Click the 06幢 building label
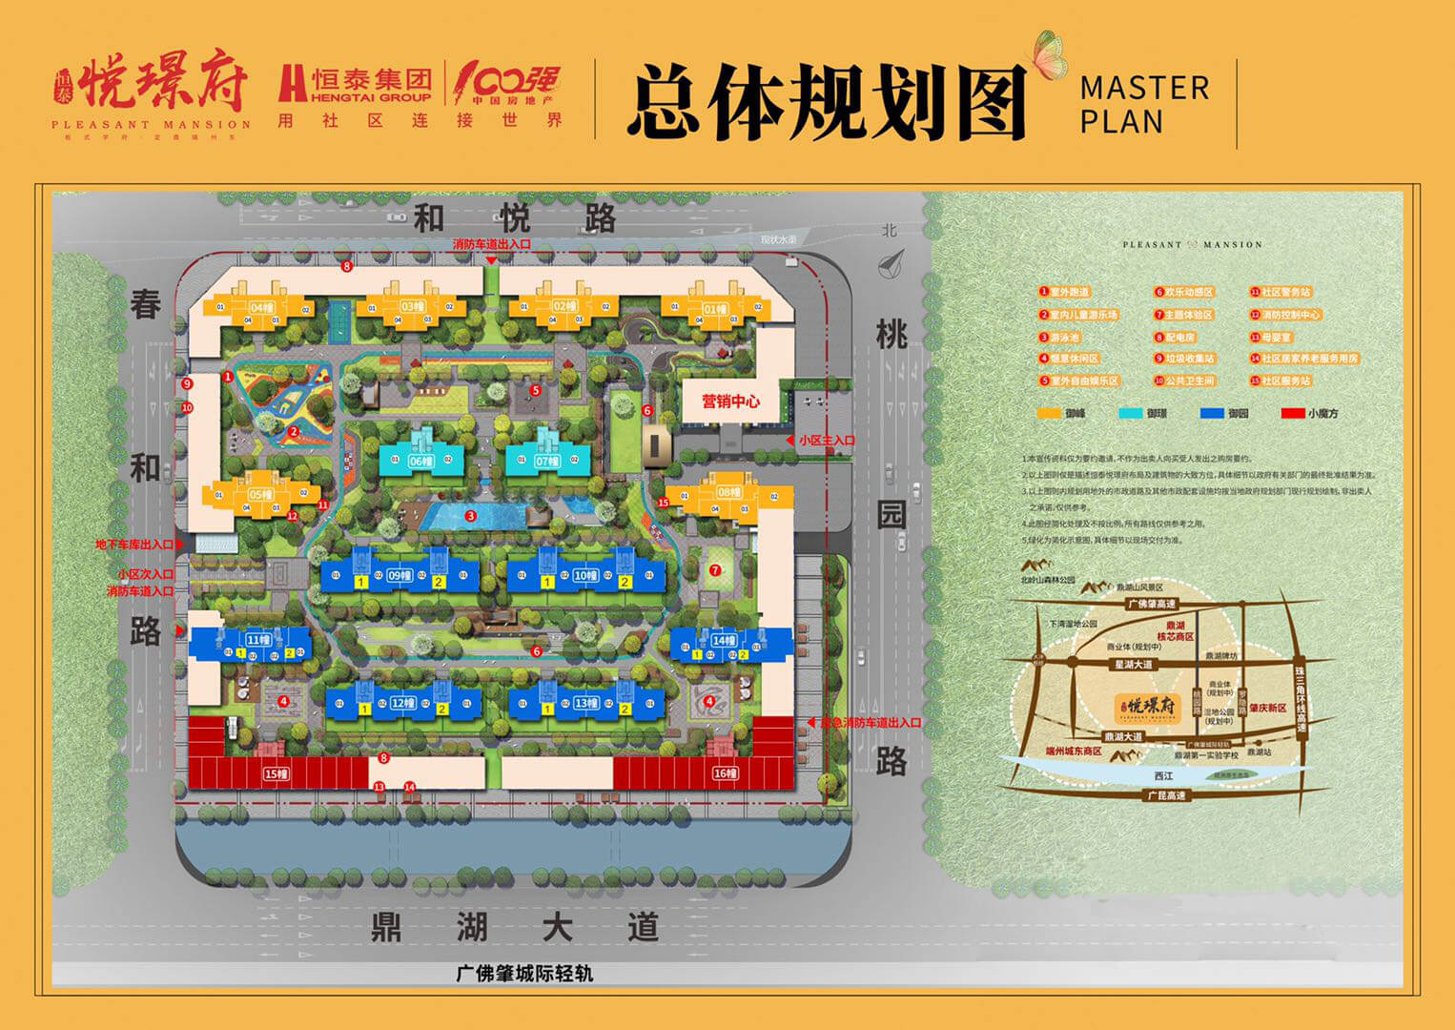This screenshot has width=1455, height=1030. [x=420, y=462]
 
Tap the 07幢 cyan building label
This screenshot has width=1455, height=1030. [x=546, y=462]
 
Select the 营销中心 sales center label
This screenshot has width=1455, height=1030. [x=731, y=402]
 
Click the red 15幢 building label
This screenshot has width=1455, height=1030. [x=276, y=774]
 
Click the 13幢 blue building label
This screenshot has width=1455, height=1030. [x=585, y=704]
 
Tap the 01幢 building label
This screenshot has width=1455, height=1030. [x=715, y=308]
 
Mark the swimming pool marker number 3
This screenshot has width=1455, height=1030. [x=471, y=516]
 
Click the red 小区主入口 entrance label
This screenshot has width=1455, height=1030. [x=827, y=441]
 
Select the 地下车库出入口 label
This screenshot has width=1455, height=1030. [x=133, y=545]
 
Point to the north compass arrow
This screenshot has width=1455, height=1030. [x=891, y=258]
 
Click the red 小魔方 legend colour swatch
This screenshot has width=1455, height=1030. [x=1292, y=414]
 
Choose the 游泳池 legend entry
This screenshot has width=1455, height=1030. [x=1066, y=338]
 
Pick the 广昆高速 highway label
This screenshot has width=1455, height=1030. [x=1165, y=795]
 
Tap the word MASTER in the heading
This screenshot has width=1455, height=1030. [x=1144, y=89]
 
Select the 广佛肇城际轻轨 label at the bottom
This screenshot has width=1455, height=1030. [x=524, y=974]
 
